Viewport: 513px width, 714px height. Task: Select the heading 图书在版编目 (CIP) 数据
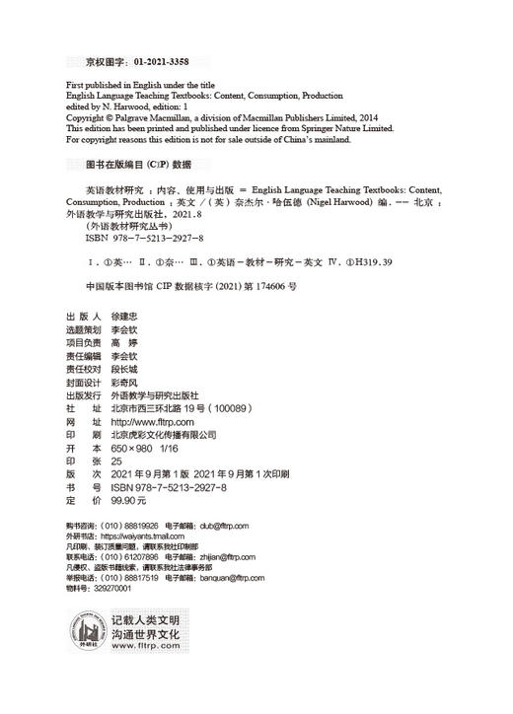(x=138, y=165)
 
